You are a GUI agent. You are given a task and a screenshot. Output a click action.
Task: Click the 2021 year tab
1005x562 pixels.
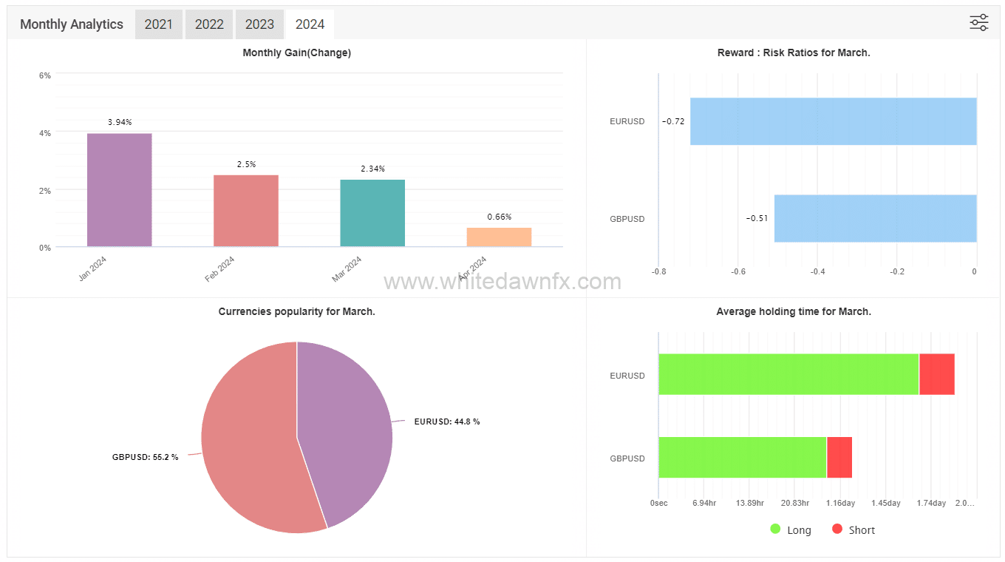159,24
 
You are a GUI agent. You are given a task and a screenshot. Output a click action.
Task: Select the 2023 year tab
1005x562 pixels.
259,24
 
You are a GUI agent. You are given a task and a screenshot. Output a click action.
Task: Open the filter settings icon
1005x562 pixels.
978,23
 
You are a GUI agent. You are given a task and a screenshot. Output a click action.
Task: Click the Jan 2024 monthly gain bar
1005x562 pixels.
119,190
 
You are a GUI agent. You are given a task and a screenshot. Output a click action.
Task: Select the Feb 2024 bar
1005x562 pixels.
246,211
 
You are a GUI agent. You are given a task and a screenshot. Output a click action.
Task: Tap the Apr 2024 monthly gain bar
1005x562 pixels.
499,237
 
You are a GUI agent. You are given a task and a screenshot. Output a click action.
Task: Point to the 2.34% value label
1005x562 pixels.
372,169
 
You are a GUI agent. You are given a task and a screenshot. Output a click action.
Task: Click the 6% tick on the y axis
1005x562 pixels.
45,75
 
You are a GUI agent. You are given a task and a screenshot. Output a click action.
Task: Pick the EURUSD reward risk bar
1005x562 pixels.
833,121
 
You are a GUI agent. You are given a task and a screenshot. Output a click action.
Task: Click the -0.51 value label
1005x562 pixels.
757,218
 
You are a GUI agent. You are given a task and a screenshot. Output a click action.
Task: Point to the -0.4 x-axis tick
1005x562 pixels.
818,271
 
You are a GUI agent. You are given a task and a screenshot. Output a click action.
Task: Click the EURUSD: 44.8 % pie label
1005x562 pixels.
446,421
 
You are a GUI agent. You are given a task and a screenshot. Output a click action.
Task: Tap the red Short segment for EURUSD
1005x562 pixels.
936,374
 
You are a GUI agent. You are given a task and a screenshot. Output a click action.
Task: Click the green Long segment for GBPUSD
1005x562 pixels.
742,457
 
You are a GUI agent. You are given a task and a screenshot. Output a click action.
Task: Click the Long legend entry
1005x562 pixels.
791,529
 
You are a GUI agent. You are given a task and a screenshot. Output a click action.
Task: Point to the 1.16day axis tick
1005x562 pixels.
840,503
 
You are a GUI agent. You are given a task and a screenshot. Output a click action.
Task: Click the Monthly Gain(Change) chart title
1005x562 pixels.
296,53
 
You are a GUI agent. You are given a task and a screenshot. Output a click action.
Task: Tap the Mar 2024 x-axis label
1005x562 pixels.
347,268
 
